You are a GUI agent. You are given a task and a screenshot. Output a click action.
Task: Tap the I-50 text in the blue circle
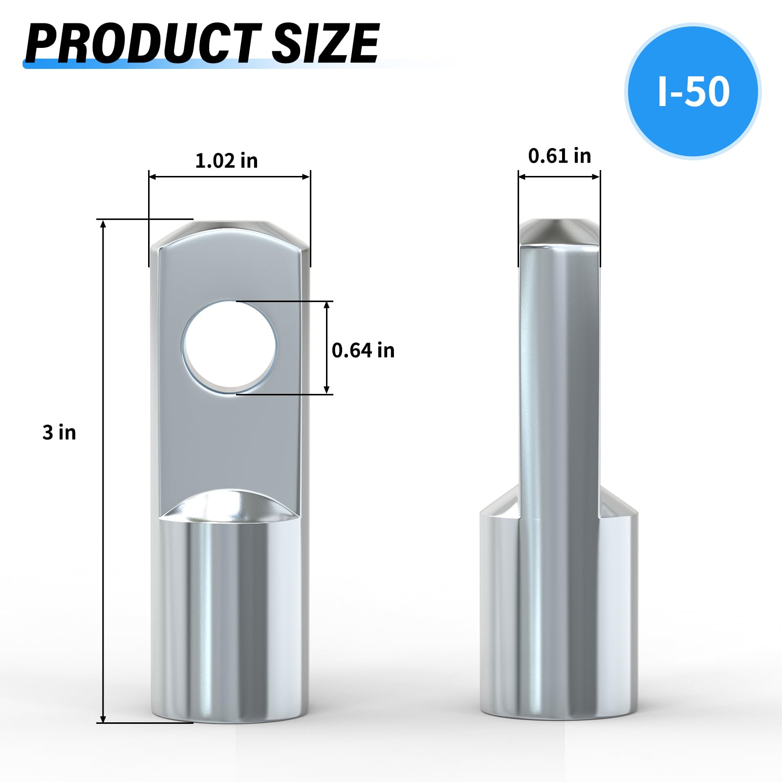coord(693,91)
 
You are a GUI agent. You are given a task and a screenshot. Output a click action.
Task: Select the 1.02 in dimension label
coord(226,161)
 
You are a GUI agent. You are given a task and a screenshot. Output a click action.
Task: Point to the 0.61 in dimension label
coord(560,156)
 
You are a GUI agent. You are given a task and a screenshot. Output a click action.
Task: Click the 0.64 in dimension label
coord(363,350)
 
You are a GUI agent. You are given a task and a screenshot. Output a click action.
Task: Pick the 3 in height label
coord(59,433)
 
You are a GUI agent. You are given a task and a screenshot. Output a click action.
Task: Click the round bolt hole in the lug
coord(230,347)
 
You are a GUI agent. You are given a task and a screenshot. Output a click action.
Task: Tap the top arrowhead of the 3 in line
coord(103,224)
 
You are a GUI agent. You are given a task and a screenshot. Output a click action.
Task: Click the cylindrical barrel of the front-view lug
coord(230,621)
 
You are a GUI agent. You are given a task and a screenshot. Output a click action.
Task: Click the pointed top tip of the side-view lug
coord(559,230)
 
